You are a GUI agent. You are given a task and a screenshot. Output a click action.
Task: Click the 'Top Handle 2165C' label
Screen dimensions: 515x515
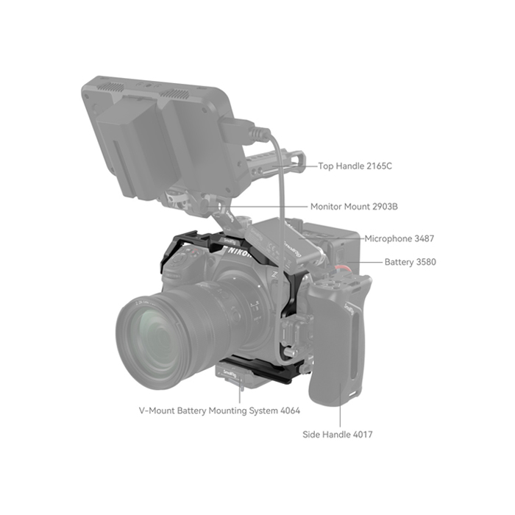[x=355, y=166]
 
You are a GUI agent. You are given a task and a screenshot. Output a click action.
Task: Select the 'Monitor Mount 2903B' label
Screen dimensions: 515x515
[x=354, y=207]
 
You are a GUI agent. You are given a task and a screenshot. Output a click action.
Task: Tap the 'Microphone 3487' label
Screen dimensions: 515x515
[x=399, y=238]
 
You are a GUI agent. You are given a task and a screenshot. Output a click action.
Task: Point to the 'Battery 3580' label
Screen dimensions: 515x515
[x=411, y=262]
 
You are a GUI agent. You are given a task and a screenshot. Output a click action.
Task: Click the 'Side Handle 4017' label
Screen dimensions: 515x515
[x=337, y=435]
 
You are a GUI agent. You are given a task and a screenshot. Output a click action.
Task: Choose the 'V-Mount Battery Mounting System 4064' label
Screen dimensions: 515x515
[x=219, y=411]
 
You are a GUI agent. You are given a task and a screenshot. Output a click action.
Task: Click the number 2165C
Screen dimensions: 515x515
[x=379, y=166]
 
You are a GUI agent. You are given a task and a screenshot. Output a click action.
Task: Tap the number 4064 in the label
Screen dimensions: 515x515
[x=291, y=411]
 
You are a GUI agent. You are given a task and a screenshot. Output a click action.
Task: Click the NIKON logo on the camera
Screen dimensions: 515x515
[x=240, y=252]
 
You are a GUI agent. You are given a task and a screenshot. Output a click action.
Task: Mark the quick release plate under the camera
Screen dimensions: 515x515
[x=234, y=375]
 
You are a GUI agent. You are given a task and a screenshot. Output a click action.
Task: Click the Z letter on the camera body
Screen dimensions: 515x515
[x=275, y=274]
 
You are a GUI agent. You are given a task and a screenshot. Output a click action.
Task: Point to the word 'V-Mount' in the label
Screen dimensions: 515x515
[x=157, y=411]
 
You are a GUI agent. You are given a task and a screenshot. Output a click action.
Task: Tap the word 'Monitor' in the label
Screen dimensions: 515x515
[x=327, y=207]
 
